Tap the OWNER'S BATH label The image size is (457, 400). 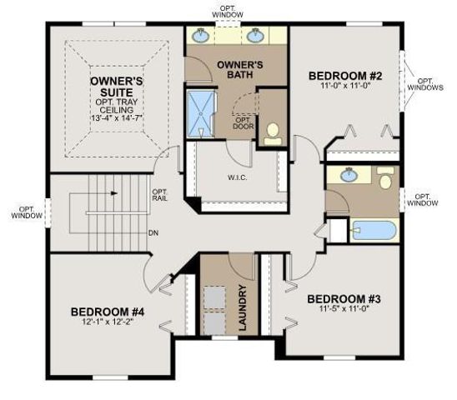(x=240, y=72)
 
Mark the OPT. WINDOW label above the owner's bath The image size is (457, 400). (x=228, y=11)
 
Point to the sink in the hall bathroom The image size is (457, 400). (x=347, y=176)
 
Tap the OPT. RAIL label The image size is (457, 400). (x=161, y=195)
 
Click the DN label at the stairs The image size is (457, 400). (x=153, y=232)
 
